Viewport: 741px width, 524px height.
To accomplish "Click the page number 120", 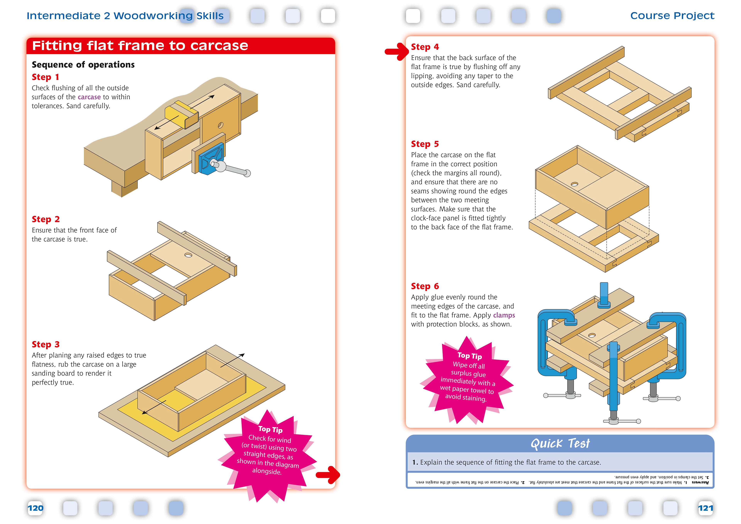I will pos(36,508).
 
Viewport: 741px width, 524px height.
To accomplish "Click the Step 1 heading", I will pos(46,77).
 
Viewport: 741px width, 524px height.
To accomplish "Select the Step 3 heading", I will pos(46,345).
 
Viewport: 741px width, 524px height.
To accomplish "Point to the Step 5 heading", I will pos(425,144).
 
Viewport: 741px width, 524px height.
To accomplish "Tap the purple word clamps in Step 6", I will pos(504,315).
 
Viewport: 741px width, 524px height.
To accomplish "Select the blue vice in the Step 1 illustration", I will pos(211,158).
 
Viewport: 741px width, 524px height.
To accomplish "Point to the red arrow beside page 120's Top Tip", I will pos(328,475).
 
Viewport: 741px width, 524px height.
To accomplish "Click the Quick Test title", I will pos(560,444).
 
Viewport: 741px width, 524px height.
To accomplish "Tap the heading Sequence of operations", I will pos(83,65).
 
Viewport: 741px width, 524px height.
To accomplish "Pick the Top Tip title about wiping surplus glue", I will pos(469,356).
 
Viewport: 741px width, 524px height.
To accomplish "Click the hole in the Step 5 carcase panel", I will pos(574,184).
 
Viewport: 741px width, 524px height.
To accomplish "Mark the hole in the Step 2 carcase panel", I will pos(188,255).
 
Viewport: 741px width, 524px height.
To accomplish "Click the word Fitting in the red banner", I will pos(57,46).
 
